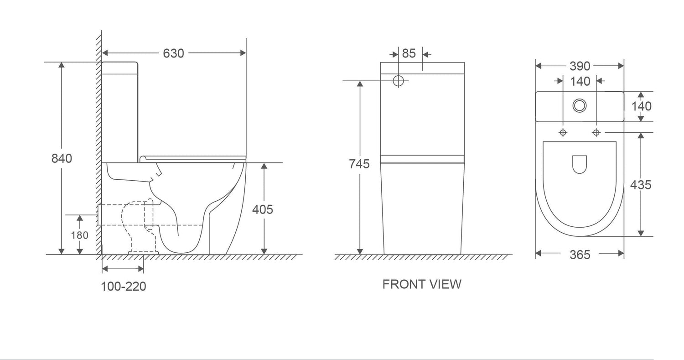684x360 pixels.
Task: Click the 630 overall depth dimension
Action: click(173, 53)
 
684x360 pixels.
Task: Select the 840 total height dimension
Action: click(62, 158)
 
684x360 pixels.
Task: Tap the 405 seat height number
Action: click(263, 209)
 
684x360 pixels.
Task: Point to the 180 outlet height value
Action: click(80, 235)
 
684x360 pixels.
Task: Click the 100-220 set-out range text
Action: click(124, 287)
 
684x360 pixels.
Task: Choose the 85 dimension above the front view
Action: click(409, 53)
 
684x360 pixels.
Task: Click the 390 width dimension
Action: click(580, 66)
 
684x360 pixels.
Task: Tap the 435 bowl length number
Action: click(641, 185)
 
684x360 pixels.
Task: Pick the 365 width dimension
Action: click(580, 255)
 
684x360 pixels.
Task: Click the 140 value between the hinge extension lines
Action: click(580, 81)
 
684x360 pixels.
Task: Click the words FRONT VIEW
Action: click(422, 284)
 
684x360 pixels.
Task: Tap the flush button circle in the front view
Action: click(399, 81)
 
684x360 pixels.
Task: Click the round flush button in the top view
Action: click(580, 106)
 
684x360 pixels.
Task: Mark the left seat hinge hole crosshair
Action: click(563, 132)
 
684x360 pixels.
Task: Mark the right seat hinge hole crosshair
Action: click(596, 132)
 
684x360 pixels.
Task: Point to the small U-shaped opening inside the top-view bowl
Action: click(579, 164)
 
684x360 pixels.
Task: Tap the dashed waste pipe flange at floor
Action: click(144, 252)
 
